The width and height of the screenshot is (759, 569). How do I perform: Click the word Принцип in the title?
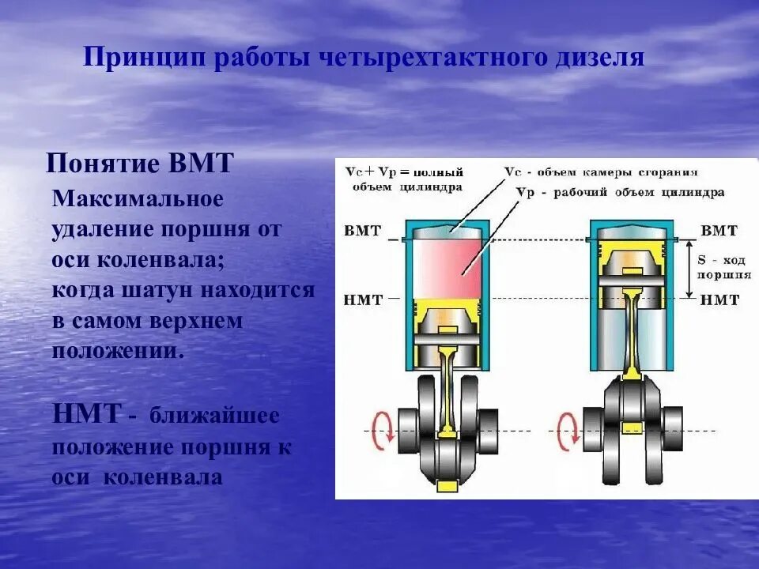(x=126, y=58)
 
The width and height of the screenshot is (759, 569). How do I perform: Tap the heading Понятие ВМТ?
(x=140, y=164)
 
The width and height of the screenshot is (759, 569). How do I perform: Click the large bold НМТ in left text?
(x=87, y=413)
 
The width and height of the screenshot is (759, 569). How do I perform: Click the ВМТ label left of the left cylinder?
(x=363, y=232)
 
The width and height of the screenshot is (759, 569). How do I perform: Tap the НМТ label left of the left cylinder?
(x=364, y=300)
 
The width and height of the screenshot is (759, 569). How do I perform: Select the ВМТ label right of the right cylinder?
(x=719, y=231)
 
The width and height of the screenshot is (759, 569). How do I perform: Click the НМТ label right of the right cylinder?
(x=719, y=300)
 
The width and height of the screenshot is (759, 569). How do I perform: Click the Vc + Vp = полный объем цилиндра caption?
(x=402, y=179)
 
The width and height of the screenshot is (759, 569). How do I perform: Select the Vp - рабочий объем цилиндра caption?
(x=620, y=192)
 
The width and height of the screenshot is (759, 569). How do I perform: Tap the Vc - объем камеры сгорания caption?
(x=601, y=171)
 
